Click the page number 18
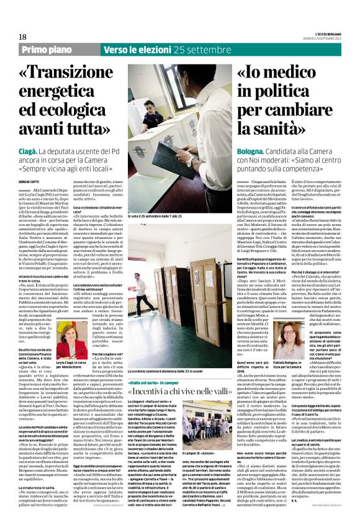pyautogui.click(x=23, y=37)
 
